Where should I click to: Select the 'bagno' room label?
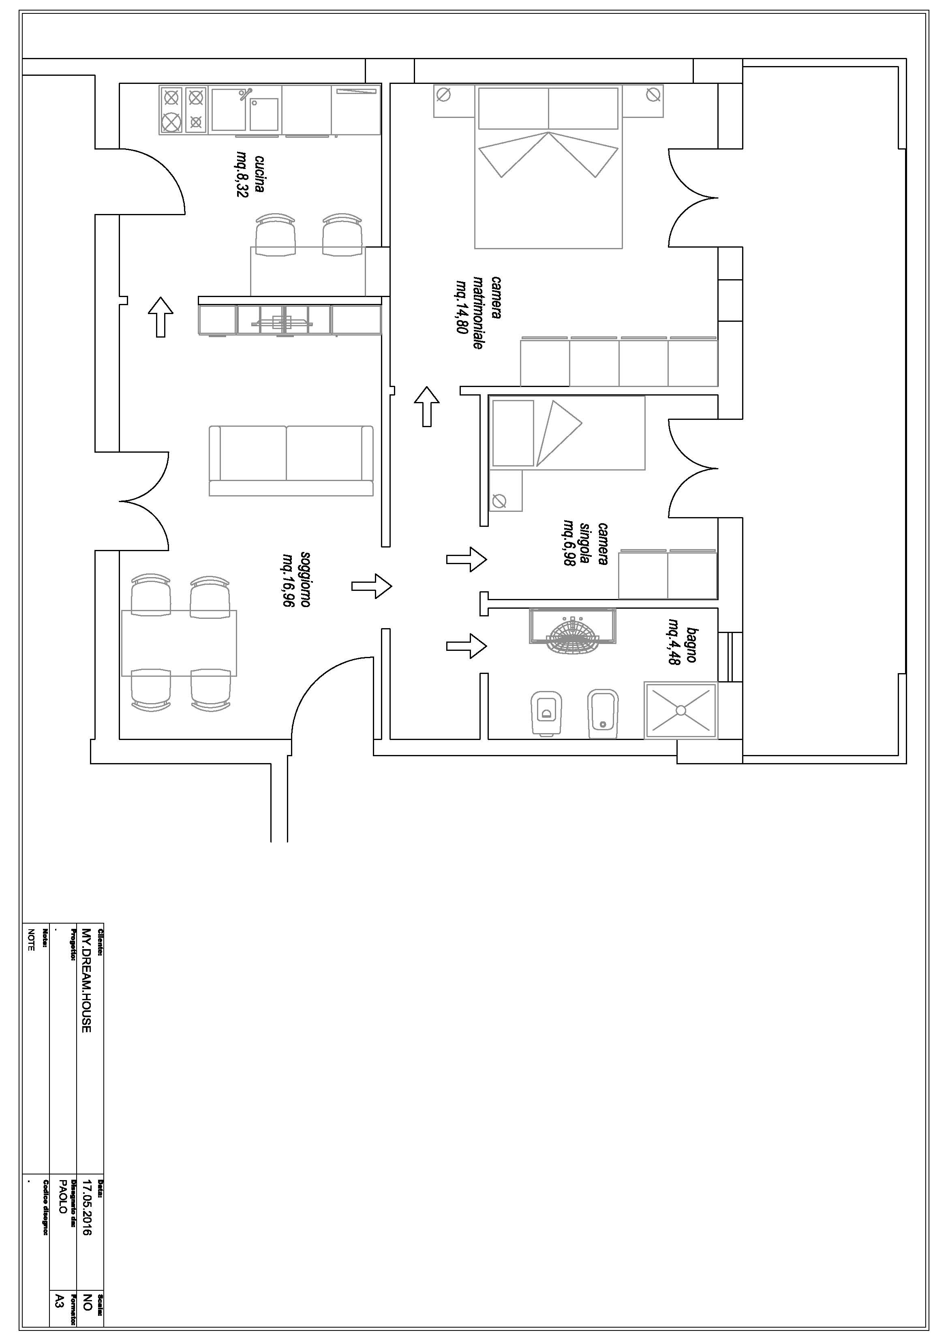(691, 645)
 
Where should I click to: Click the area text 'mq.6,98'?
(568, 543)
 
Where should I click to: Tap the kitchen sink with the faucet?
(245, 109)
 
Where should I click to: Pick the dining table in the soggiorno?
(179, 642)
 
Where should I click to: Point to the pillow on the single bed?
(513, 433)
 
